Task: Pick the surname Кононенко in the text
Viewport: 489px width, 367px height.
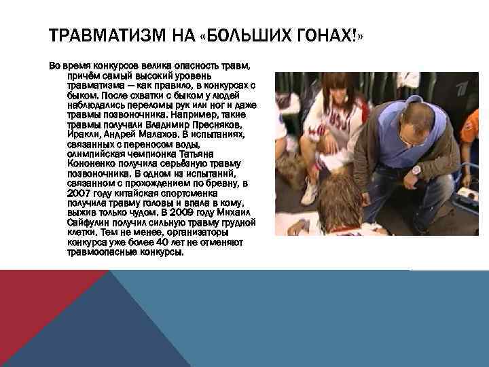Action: (x=94, y=164)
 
